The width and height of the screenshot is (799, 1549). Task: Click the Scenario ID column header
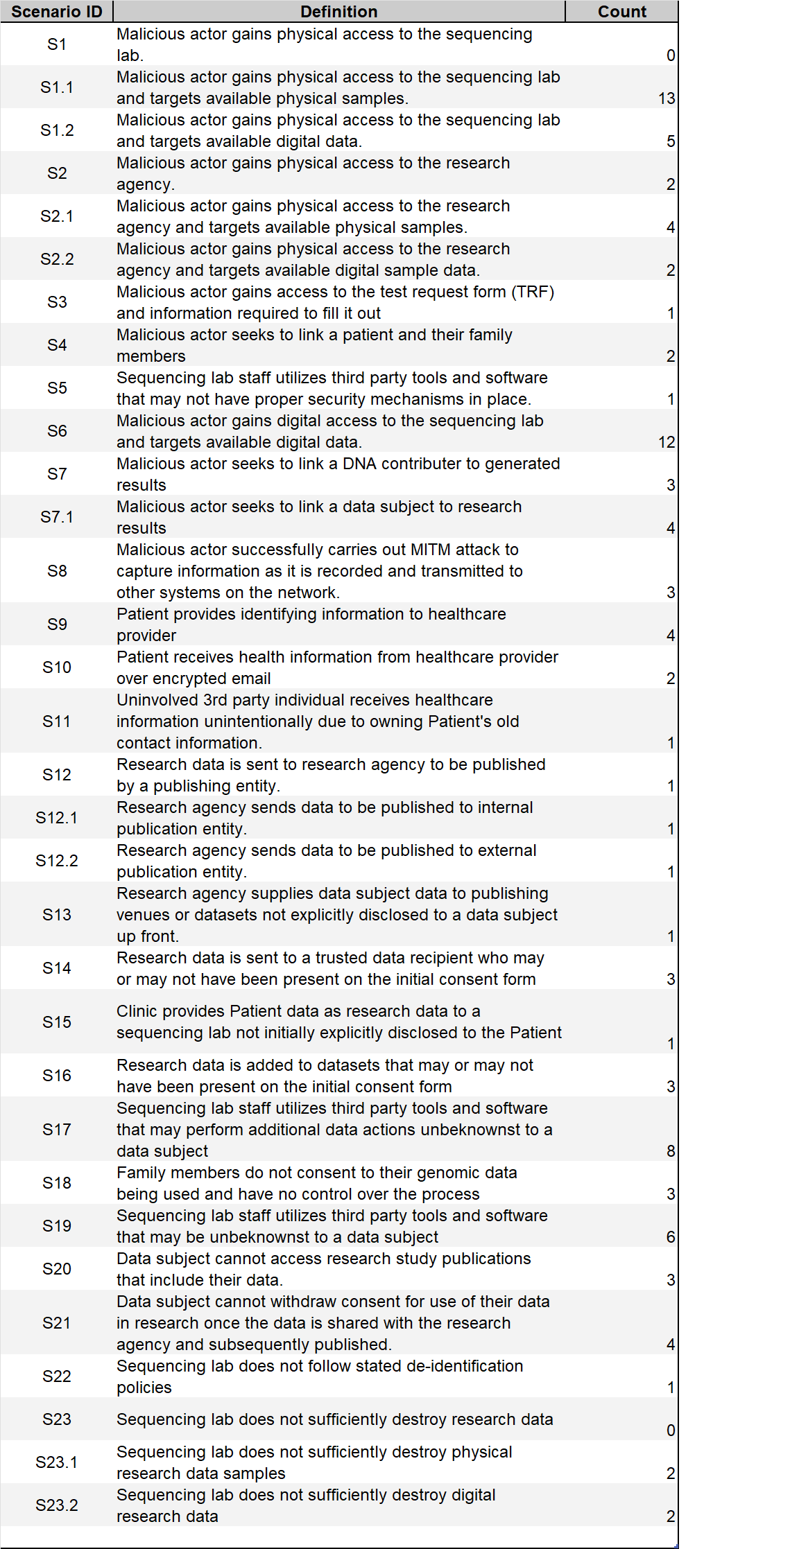coord(57,12)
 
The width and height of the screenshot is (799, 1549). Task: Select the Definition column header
coord(338,12)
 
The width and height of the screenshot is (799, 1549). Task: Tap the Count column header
coord(621,12)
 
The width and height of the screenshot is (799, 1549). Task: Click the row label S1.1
coord(57,87)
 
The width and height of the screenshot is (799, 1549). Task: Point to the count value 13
coord(667,98)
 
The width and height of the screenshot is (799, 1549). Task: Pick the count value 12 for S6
coord(667,442)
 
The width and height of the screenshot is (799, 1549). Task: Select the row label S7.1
coord(57,517)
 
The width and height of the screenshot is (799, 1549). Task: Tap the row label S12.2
coord(57,861)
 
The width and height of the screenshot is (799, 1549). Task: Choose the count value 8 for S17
coord(671,1151)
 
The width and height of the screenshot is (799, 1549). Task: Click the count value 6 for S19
coord(671,1237)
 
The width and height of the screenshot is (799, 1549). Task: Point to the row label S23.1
coord(57,1462)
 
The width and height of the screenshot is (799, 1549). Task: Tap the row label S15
coord(57,1022)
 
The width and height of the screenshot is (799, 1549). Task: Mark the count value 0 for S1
coord(671,55)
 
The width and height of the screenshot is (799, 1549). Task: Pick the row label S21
coord(57,1323)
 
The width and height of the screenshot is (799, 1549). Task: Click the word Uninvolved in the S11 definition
coord(157,700)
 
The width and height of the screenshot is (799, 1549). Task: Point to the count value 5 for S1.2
coord(671,141)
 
